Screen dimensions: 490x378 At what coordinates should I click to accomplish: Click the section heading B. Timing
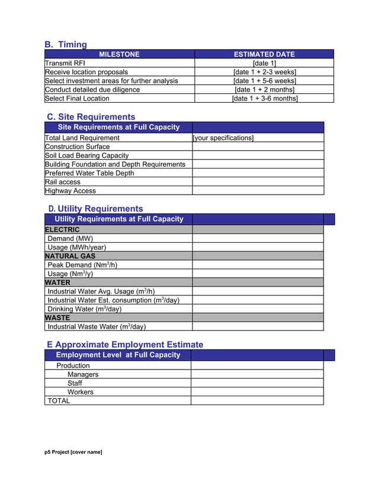point(66,44)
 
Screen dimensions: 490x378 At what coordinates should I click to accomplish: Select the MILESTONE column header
point(119,54)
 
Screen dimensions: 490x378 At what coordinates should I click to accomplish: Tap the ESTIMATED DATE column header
point(264,54)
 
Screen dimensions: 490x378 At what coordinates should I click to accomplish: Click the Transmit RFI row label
point(65,63)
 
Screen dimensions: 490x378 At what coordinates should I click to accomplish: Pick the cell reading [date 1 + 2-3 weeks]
point(264,72)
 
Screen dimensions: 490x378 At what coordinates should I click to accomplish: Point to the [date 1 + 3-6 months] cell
point(264,98)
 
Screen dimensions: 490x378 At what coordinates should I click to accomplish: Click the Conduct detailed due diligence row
point(92,90)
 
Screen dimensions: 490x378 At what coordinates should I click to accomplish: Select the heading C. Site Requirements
point(91,117)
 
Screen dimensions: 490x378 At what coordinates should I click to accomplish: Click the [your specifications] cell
point(223,138)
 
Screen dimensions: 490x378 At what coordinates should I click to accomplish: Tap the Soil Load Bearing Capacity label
point(87,155)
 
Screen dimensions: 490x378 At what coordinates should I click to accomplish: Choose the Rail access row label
point(62,182)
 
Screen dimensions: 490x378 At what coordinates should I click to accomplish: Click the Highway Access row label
point(70,191)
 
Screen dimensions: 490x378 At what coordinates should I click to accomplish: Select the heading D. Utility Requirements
point(95,209)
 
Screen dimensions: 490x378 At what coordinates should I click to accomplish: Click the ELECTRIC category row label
point(62,230)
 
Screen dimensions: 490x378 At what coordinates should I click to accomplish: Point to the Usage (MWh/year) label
point(77,247)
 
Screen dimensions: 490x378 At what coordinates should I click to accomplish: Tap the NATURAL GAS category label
point(70,256)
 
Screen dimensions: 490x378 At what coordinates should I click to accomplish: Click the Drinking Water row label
point(85,309)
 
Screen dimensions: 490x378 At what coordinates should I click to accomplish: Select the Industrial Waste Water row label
point(97,326)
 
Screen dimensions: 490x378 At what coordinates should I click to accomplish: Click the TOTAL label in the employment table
point(59,401)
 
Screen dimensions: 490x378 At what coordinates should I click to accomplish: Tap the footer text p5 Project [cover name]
point(73,452)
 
